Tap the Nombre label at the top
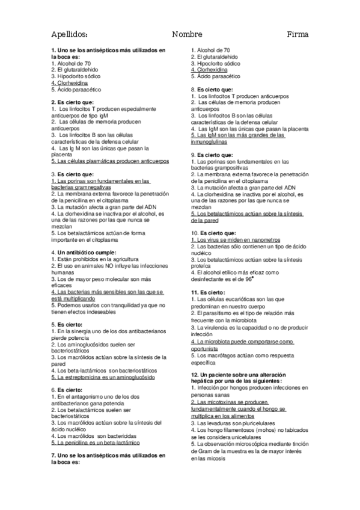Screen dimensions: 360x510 187,34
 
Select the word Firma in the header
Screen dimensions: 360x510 297,34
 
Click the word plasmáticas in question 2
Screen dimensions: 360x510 94,162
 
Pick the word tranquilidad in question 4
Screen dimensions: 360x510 114,305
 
